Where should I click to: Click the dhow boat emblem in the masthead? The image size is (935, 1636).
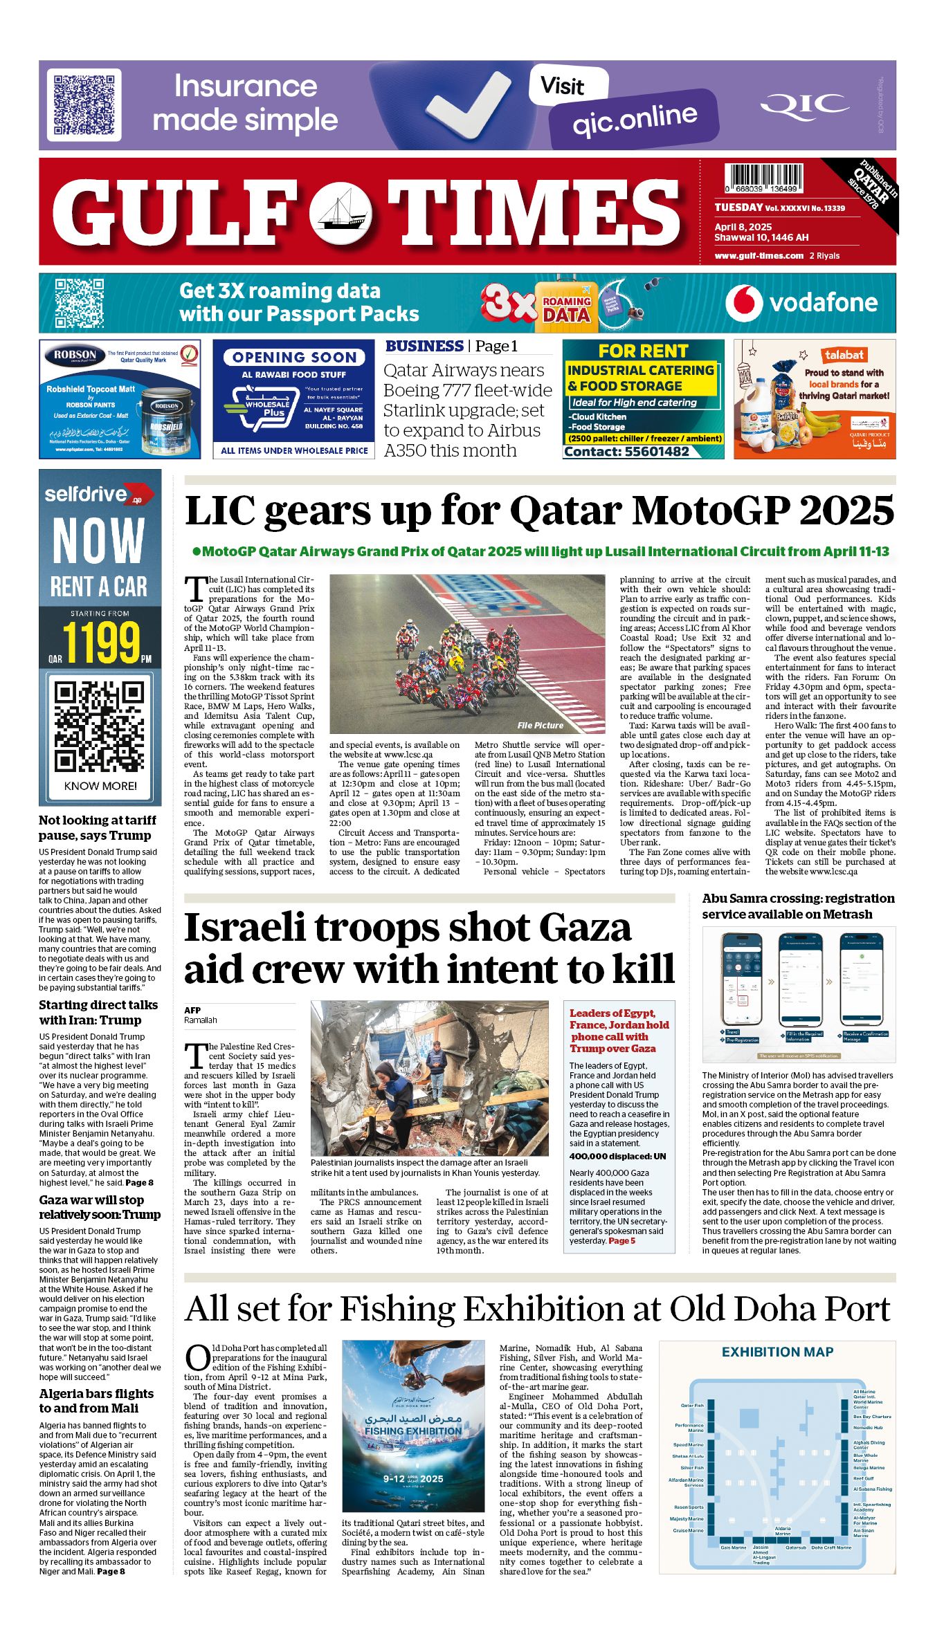[x=341, y=212]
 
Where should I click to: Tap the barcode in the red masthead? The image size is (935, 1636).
[x=764, y=178]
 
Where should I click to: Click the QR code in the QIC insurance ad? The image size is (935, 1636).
[x=84, y=105]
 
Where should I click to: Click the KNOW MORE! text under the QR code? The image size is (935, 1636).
[x=100, y=786]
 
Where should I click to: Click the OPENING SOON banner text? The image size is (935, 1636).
[x=294, y=357]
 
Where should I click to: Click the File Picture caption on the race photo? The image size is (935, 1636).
[x=540, y=725]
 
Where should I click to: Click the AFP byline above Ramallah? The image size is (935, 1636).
[x=192, y=1010]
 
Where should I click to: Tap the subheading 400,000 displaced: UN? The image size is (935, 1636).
[x=617, y=1156]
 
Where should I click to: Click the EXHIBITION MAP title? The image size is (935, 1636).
[x=777, y=1352]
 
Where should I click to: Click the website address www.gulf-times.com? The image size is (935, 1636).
[x=759, y=255]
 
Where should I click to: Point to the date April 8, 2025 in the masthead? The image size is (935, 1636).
[x=743, y=227]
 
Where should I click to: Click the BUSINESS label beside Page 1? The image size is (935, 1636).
[x=424, y=346]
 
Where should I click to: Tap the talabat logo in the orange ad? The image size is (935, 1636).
[x=844, y=355]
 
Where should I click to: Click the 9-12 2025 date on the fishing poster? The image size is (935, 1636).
[x=412, y=1478]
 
